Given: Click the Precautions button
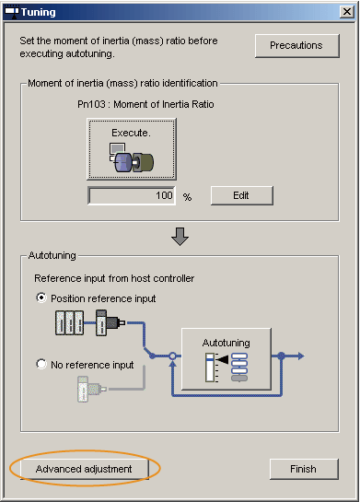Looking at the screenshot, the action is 297,46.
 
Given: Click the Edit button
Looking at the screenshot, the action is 242,195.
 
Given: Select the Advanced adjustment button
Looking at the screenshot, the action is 85,469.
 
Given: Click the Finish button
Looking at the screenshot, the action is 304,469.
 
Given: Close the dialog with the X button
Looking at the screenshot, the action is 347,12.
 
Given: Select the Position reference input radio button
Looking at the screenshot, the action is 41,298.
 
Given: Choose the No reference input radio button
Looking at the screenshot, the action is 41,364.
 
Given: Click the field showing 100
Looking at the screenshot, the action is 132,195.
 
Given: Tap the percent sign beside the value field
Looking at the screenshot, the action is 187,197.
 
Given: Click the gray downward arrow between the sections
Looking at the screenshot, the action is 180,237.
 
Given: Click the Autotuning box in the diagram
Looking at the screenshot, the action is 226,359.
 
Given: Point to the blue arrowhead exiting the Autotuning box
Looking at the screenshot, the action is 301,356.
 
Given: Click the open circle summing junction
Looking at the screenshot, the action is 172,356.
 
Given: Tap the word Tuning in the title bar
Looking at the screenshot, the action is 39,12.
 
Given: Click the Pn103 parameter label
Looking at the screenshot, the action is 145,104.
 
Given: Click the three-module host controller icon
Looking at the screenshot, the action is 70,322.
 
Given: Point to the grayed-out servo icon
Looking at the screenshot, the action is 92,389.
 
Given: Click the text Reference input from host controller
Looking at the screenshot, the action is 114,278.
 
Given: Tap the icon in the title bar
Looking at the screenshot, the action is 12,12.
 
